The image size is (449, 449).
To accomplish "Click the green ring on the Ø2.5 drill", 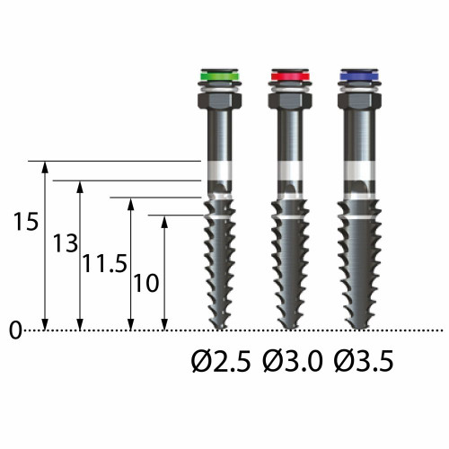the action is (219, 75).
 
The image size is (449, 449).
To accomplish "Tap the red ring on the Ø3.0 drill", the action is (290, 75).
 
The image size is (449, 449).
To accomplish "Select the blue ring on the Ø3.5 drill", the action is (359, 75).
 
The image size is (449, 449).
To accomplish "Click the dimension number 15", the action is (26, 222).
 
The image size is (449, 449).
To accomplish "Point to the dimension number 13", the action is (66, 243).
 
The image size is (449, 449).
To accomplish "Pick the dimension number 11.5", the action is (105, 263).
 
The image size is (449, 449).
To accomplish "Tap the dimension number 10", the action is (145, 283).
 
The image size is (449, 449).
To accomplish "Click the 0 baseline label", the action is (15, 330).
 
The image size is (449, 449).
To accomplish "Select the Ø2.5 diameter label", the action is (221, 361).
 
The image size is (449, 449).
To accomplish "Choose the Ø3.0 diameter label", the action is (293, 361).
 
